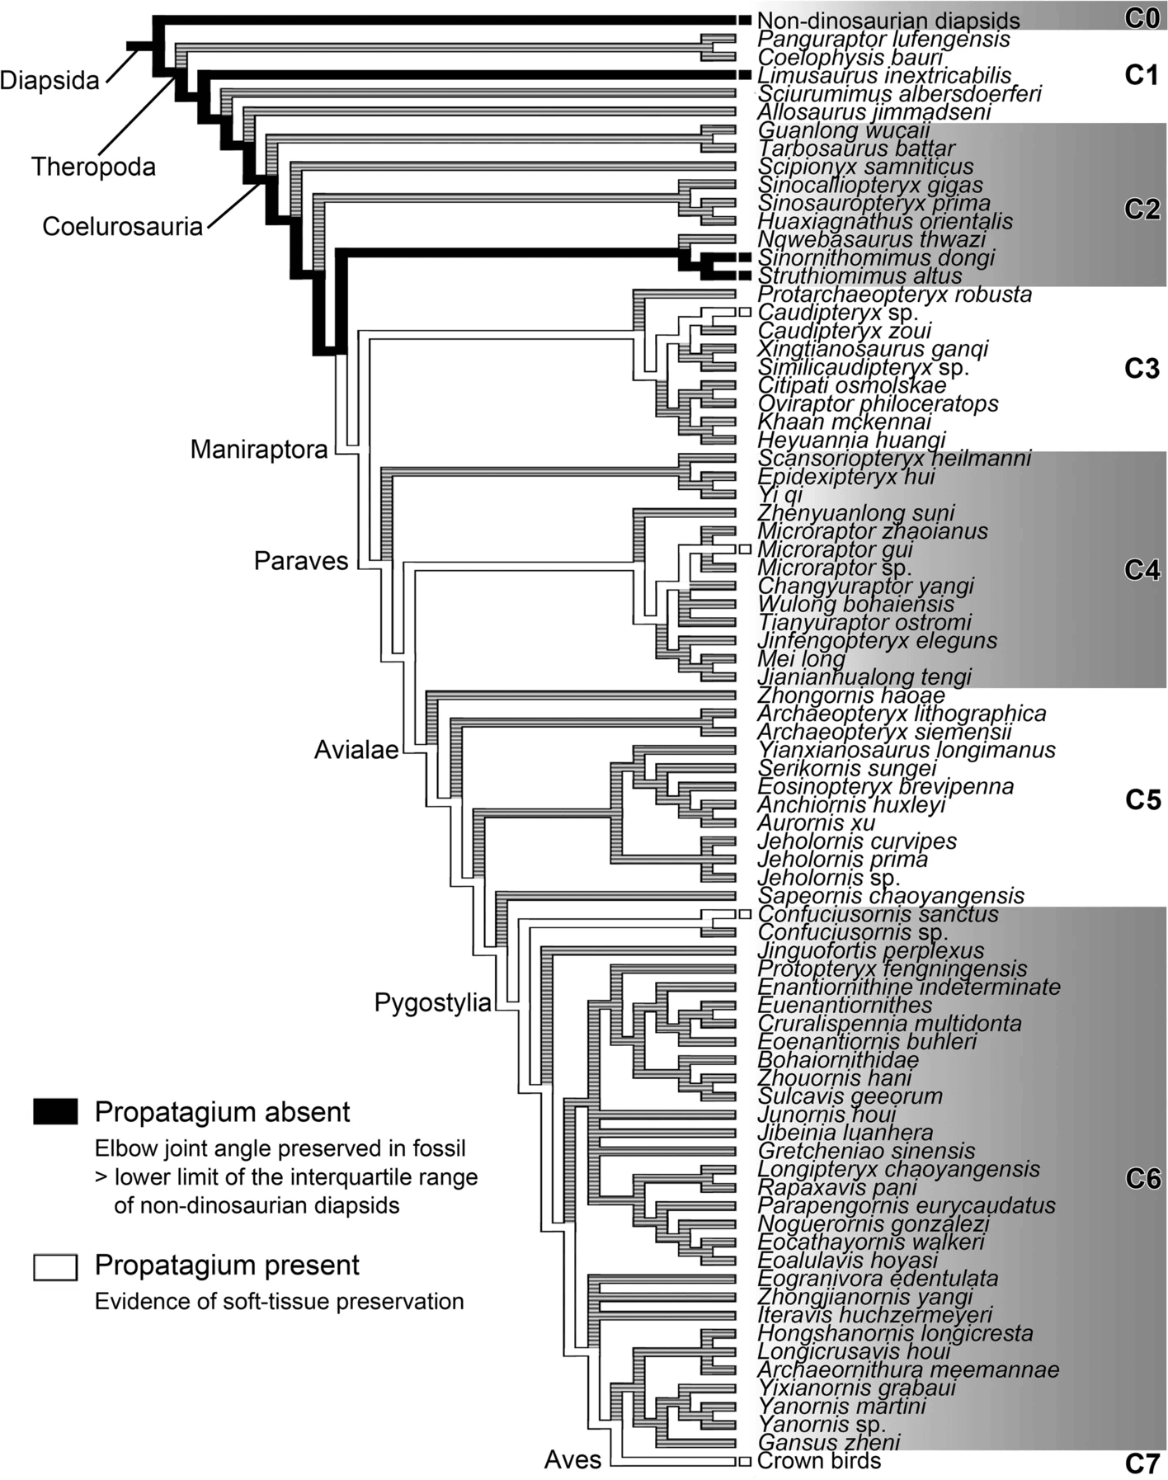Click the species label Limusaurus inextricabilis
pos(883,76)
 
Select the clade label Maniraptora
pos(259,450)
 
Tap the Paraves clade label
pos(301,561)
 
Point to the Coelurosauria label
pos(123,227)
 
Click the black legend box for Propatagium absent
pos(55,1112)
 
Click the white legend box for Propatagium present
pos(55,1266)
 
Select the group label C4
pos(1142,570)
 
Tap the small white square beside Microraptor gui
pos(744,549)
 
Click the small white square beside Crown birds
pos(744,1461)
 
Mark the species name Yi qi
pos(780,495)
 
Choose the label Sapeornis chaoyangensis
pos(891,896)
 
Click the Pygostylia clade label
pos(432,1003)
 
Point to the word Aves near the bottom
pos(572,1460)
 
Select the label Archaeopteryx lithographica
pos(902,714)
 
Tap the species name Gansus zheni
pos(828,1442)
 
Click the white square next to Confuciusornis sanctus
pos(744,914)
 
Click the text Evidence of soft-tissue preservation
pos(279,1302)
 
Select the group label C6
pos(1142,1180)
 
